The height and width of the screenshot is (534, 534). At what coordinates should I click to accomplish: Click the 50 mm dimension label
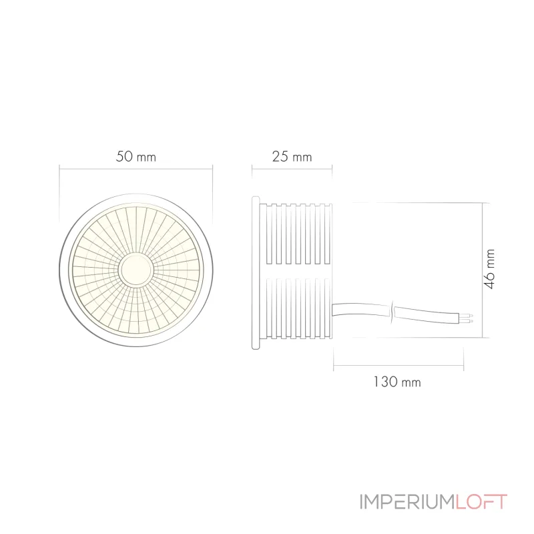(136, 158)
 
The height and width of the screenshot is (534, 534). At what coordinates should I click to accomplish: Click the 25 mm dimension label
(292, 158)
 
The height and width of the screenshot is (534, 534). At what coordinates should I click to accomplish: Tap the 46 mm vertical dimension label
(491, 269)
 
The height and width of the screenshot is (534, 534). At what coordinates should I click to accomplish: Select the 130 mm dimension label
(396, 382)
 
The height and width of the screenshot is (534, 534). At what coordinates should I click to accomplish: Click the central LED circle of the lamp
(136, 270)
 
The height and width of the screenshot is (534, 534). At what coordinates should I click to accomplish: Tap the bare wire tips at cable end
(471, 318)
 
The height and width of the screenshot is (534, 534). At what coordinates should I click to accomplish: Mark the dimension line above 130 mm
(398, 365)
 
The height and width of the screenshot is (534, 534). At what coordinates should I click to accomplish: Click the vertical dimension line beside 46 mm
(483, 271)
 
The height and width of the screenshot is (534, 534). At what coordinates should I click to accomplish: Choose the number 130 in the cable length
(385, 382)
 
